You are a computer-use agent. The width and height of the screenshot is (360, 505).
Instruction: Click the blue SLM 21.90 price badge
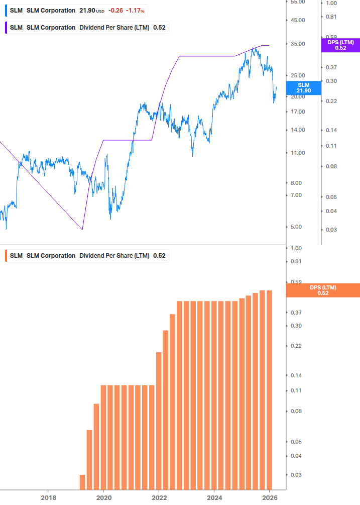(303, 88)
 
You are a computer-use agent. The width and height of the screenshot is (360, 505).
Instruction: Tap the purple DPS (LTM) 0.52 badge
(340, 45)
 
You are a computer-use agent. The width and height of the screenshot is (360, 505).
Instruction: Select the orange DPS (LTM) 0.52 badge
(323, 290)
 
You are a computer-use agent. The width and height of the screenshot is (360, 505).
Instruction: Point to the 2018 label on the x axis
(48, 497)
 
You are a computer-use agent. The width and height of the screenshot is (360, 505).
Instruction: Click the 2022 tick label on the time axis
(159, 497)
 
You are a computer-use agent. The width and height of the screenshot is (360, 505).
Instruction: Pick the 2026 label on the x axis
(270, 497)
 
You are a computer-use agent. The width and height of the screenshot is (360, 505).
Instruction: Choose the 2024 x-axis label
(214, 497)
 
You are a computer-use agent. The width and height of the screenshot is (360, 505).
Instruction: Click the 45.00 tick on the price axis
(297, 20)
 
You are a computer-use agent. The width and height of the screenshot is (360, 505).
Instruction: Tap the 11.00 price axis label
(297, 153)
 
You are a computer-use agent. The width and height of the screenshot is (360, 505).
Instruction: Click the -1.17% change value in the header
(136, 11)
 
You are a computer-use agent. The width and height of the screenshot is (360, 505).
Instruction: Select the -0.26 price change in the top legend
(116, 11)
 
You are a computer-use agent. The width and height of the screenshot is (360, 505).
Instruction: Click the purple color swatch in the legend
(5, 28)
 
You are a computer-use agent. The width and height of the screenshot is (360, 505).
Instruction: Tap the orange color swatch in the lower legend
(5, 256)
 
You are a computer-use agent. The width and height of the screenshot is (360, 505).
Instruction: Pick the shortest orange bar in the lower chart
(82, 482)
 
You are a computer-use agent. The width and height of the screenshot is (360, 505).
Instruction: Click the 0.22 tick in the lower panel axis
(296, 346)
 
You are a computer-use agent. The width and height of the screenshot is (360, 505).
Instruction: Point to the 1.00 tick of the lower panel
(296, 248)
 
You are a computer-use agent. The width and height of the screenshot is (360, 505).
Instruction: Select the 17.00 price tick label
(297, 112)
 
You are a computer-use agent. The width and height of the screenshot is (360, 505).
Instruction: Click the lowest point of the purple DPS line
(82, 230)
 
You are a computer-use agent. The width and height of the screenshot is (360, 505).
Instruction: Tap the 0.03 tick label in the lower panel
(296, 474)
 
